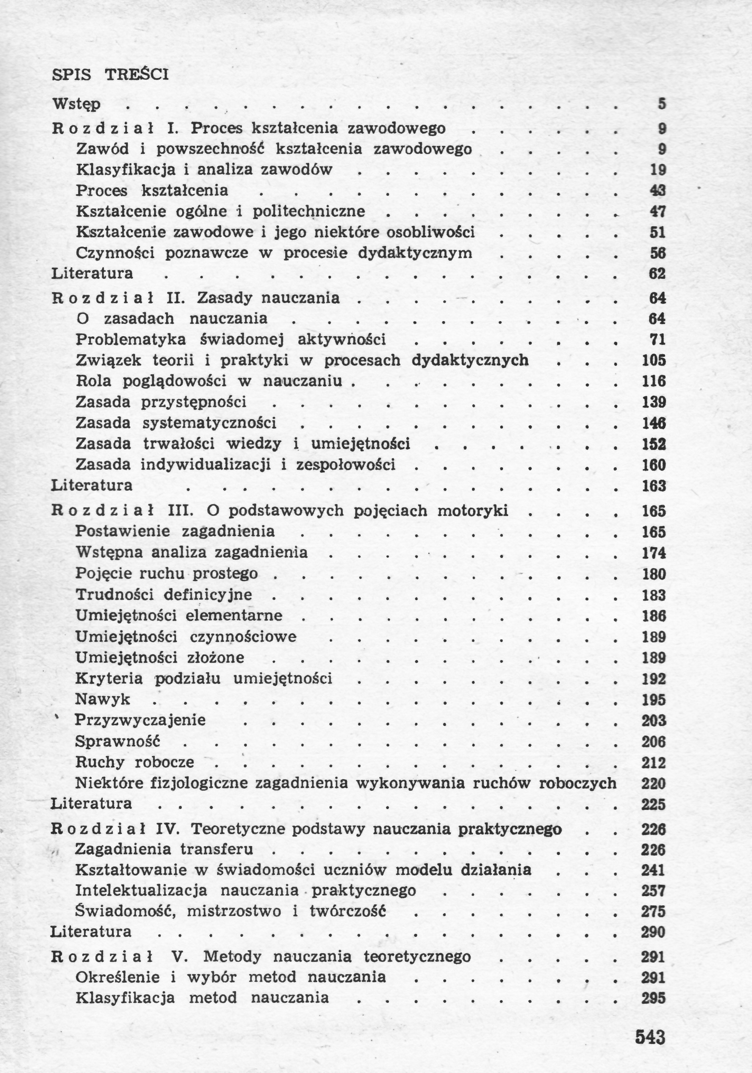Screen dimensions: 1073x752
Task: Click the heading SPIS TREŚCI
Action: (x=110, y=75)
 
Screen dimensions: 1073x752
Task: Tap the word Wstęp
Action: (x=76, y=104)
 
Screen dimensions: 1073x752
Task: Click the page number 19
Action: (x=658, y=170)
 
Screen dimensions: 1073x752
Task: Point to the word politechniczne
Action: (x=308, y=212)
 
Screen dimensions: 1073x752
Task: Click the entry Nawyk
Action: (x=103, y=700)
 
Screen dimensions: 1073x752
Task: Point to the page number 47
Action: (x=658, y=212)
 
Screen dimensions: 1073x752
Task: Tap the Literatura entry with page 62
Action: (x=92, y=274)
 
